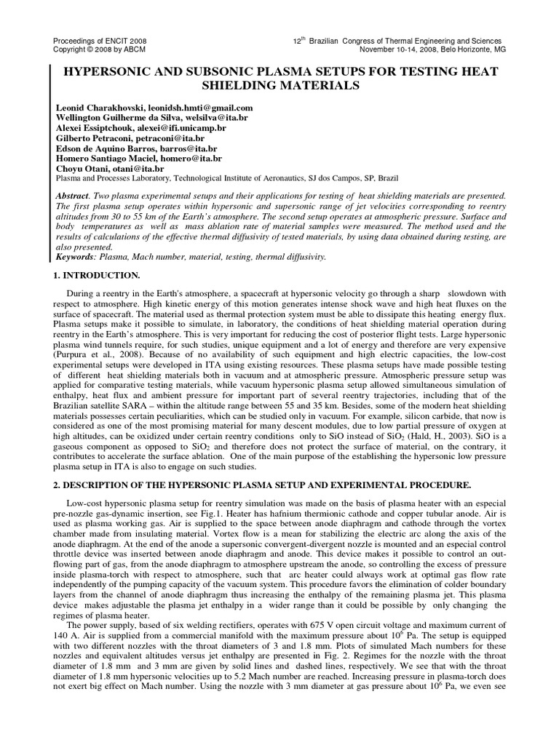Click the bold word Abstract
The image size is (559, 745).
pos(71,196)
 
